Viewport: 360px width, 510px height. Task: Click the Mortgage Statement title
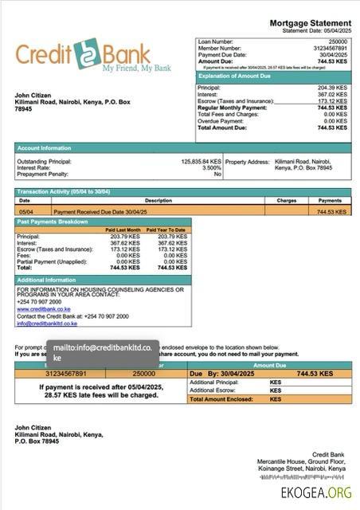click(x=310, y=24)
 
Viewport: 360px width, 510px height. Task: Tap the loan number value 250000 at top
click(x=338, y=41)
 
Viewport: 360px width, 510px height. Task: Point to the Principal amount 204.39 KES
click(x=332, y=88)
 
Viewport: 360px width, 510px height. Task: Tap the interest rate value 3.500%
click(x=211, y=168)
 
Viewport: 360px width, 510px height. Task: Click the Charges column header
click(x=287, y=201)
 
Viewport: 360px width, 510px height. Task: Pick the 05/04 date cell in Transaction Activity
click(x=25, y=212)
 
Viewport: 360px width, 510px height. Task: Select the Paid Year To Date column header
click(x=166, y=229)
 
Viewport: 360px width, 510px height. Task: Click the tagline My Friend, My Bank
click(x=135, y=69)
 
